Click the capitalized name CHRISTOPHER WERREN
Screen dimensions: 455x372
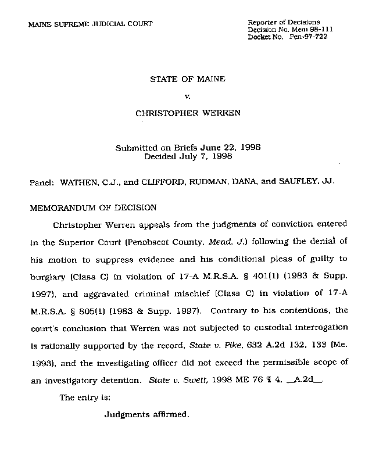pos(187,113)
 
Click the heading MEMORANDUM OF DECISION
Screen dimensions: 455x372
pos(93,207)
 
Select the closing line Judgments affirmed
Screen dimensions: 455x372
pos(147,415)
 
